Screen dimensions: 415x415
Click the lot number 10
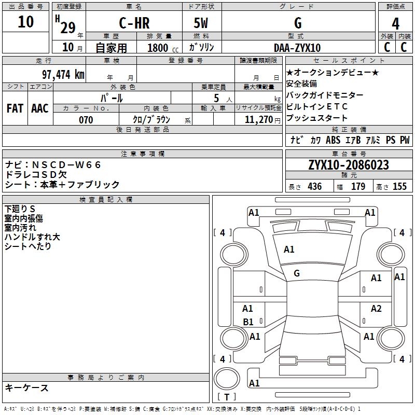25,22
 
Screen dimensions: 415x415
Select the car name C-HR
134,23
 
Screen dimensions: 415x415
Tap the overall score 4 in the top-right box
396,23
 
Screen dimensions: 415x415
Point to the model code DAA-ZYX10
297,48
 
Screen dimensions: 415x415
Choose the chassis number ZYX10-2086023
348,165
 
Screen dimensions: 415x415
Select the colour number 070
86,120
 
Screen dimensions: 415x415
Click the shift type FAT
15,108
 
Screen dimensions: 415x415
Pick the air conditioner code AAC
40,108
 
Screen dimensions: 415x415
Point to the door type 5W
201,23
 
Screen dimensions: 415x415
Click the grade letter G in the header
298,23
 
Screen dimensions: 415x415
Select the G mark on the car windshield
297,273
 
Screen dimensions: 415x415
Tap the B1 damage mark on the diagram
248,322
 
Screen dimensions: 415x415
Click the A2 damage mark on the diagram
376,309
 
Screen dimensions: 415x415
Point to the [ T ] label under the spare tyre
227,397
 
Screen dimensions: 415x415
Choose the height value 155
399,187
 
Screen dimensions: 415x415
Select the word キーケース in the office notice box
26,388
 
